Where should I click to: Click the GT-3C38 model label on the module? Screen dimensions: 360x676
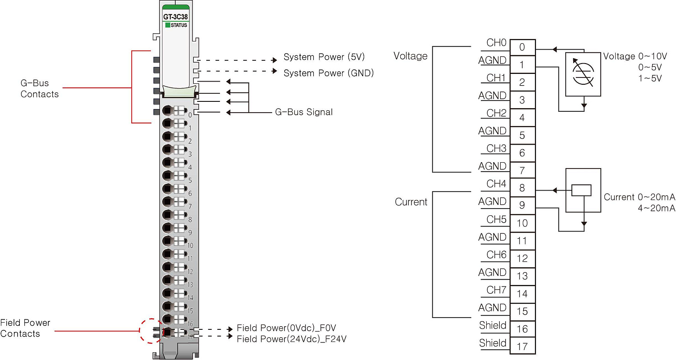point(175,17)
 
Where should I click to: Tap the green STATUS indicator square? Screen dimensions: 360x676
point(168,25)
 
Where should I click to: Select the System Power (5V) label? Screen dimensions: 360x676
point(324,57)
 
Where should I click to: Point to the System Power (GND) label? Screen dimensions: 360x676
point(329,73)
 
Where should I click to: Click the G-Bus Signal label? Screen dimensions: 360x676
point(304,112)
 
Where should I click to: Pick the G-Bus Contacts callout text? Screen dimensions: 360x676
point(40,89)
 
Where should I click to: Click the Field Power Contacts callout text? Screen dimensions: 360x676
point(25,328)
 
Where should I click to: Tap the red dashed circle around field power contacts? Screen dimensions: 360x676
point(151,331)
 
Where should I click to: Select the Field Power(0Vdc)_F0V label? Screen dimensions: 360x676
point(287,328)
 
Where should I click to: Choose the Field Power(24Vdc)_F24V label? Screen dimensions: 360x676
point(292,339)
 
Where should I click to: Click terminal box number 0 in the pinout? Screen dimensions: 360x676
point(522,47)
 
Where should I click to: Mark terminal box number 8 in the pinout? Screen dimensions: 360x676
point(522,188)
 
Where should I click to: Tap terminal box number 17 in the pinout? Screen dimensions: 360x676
point(522,346)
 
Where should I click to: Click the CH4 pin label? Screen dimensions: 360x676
point(496,184)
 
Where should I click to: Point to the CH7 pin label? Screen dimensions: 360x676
point(496,290)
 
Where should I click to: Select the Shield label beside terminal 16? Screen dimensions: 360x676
point(493,325)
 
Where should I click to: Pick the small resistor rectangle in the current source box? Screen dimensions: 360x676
point(581,190)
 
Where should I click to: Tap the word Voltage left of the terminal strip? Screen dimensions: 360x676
point(410,56)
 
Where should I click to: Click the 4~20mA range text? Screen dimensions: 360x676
point(657,208)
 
